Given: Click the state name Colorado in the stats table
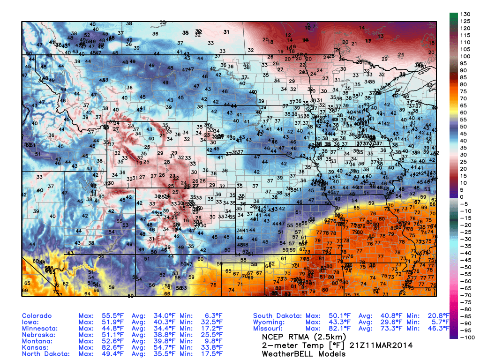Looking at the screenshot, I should click(x=37, y=316).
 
